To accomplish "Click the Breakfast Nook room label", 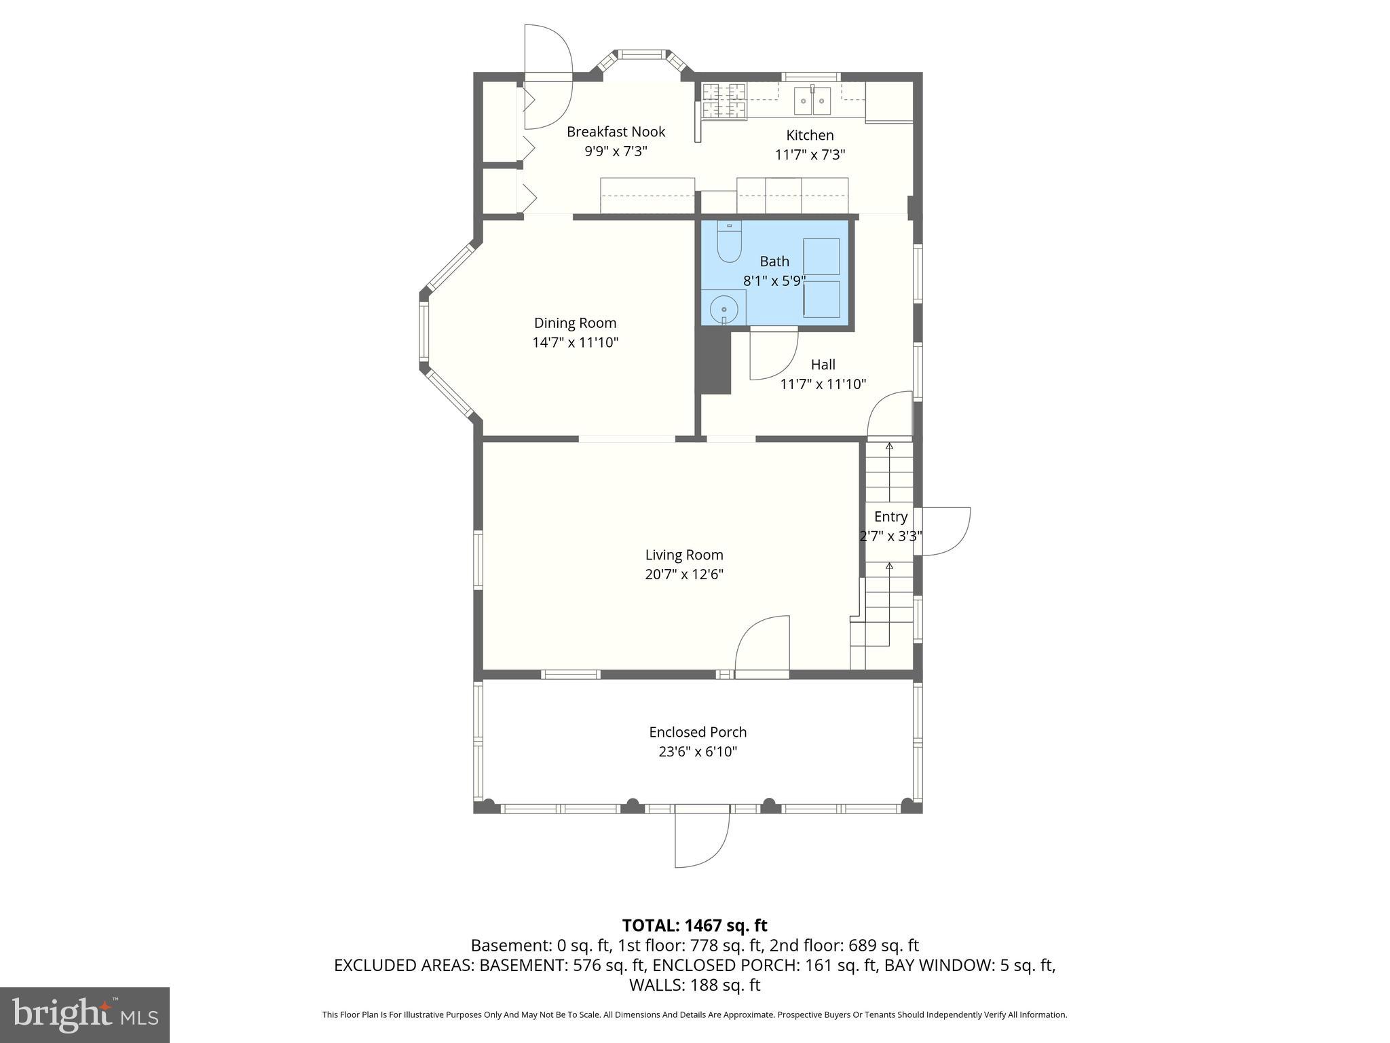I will (616, 132).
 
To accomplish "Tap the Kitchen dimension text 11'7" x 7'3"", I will (810, 155).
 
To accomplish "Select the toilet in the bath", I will (729, 242).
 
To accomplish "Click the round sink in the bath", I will (724, 310).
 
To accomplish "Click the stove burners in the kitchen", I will (724, 100).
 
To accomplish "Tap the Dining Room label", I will (575, 323).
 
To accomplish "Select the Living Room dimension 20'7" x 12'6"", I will (684, 574).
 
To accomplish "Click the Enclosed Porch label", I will (698, 732).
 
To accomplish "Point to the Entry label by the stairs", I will (890, 517).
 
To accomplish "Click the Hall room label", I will (823, 365).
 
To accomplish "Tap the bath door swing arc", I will (774, 354).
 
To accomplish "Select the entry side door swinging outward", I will (943, 531).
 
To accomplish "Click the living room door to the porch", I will (762, 645).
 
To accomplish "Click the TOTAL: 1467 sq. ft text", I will (694, 926).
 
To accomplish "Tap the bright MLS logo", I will (85, 1014).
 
